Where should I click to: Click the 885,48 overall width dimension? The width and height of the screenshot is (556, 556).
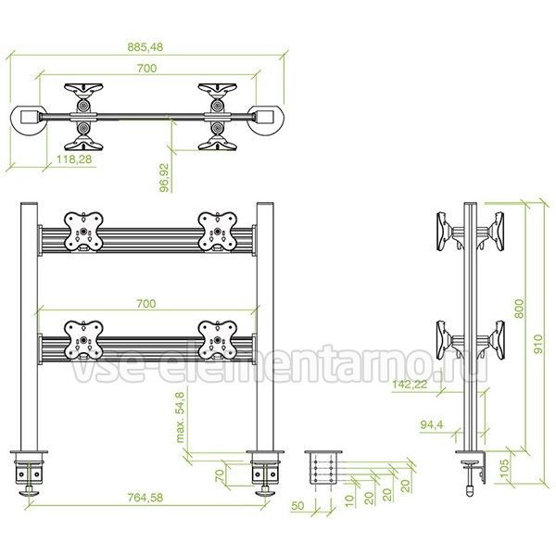point(145,47)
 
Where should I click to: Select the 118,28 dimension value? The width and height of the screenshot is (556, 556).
point(74,159)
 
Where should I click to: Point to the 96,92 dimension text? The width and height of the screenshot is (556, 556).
point(165,177)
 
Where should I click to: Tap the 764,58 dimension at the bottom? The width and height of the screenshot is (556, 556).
point(145,498)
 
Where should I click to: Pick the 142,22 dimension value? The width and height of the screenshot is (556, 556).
point(410,384)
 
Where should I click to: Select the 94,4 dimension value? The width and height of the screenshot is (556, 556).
point(432,424)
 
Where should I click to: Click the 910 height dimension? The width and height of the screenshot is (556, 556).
point(537,344)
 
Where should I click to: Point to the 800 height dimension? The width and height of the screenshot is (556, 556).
point(519,309)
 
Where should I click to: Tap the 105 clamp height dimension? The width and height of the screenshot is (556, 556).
point(505,468)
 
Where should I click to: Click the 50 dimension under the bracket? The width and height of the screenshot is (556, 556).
point(297,506)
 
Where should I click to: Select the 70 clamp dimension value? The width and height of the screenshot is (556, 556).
point(220,474)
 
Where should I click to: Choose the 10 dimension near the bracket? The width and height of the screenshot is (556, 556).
point(349,499)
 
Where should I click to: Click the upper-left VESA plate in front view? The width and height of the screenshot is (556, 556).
point(83,232)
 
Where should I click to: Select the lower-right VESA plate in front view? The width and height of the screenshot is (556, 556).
point(217,340)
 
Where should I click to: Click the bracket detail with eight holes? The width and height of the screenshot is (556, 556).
point(323,468)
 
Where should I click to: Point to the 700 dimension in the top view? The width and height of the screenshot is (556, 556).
point(146,68)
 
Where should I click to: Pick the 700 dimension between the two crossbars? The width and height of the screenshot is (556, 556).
point(146,304)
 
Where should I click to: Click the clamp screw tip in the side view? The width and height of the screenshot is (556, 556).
point(470,492)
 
